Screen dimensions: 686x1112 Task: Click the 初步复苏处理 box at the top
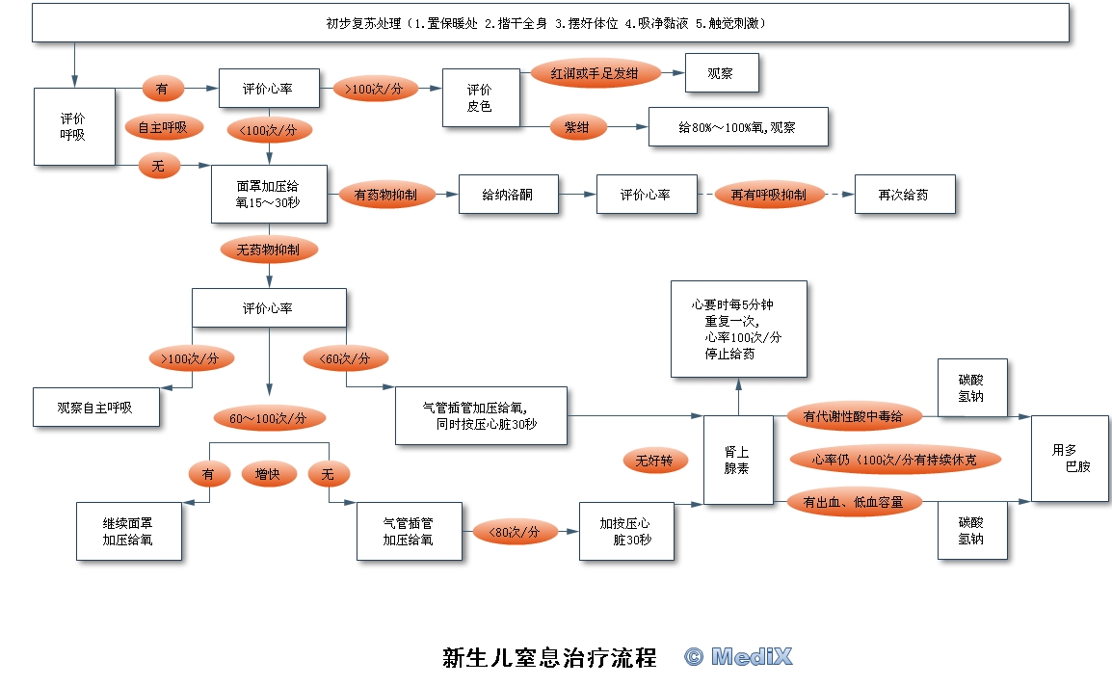point(550,22)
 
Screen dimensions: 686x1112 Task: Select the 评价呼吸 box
point(74,126)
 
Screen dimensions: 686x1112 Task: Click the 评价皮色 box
point(480,97)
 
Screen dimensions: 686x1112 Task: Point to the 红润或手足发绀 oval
point(593,73)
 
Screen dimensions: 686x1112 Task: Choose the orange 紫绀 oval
point(577,127)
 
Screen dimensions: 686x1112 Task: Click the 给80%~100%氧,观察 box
point(738,127)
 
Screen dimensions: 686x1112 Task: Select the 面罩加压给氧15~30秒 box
point(269,194)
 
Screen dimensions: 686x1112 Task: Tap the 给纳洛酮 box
point(508,195)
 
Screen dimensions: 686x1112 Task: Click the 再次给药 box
point(905,195)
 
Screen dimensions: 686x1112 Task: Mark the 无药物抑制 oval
point(269,250)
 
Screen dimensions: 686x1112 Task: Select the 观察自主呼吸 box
point(95,408)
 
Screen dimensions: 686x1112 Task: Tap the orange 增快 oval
point(269,473)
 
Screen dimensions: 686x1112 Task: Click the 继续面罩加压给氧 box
point(128,532)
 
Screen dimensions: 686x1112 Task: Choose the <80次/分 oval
point(515,532)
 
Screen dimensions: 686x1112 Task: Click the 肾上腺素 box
point(737,461)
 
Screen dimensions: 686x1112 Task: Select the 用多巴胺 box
point(1070,459)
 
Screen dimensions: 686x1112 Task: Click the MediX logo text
point(739,657)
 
